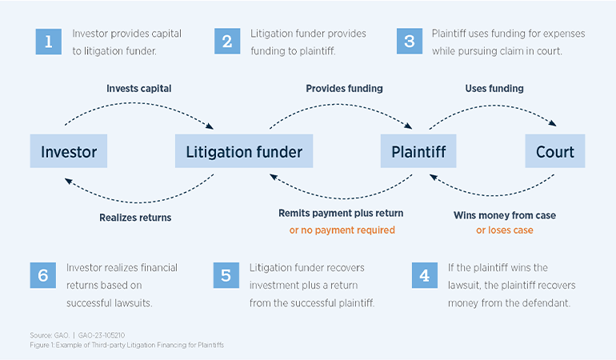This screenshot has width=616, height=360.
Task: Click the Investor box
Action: pos(69,151)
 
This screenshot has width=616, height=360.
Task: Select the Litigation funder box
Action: pos(244,151)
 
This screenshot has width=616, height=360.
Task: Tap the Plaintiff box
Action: pos(418,151)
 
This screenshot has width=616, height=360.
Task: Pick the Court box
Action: pos(555,151)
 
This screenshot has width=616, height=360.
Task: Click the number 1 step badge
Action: pos(48,42)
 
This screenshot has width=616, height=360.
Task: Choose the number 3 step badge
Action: pos(409,42)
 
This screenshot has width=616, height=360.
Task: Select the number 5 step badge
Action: pos(226,275)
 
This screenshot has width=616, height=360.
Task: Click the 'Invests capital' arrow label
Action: pos(139,89)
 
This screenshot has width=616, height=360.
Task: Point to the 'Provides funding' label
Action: pos(344,89)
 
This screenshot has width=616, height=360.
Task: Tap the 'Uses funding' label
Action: pos(494,89)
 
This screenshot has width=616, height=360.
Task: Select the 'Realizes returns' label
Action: pos(135,217)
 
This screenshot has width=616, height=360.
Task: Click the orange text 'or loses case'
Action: pos(504,230)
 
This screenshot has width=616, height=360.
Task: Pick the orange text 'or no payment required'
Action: pos(342,230)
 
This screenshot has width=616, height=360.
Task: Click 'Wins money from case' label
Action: pos(504,215)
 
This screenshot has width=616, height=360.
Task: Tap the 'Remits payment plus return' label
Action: pos(341,214)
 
